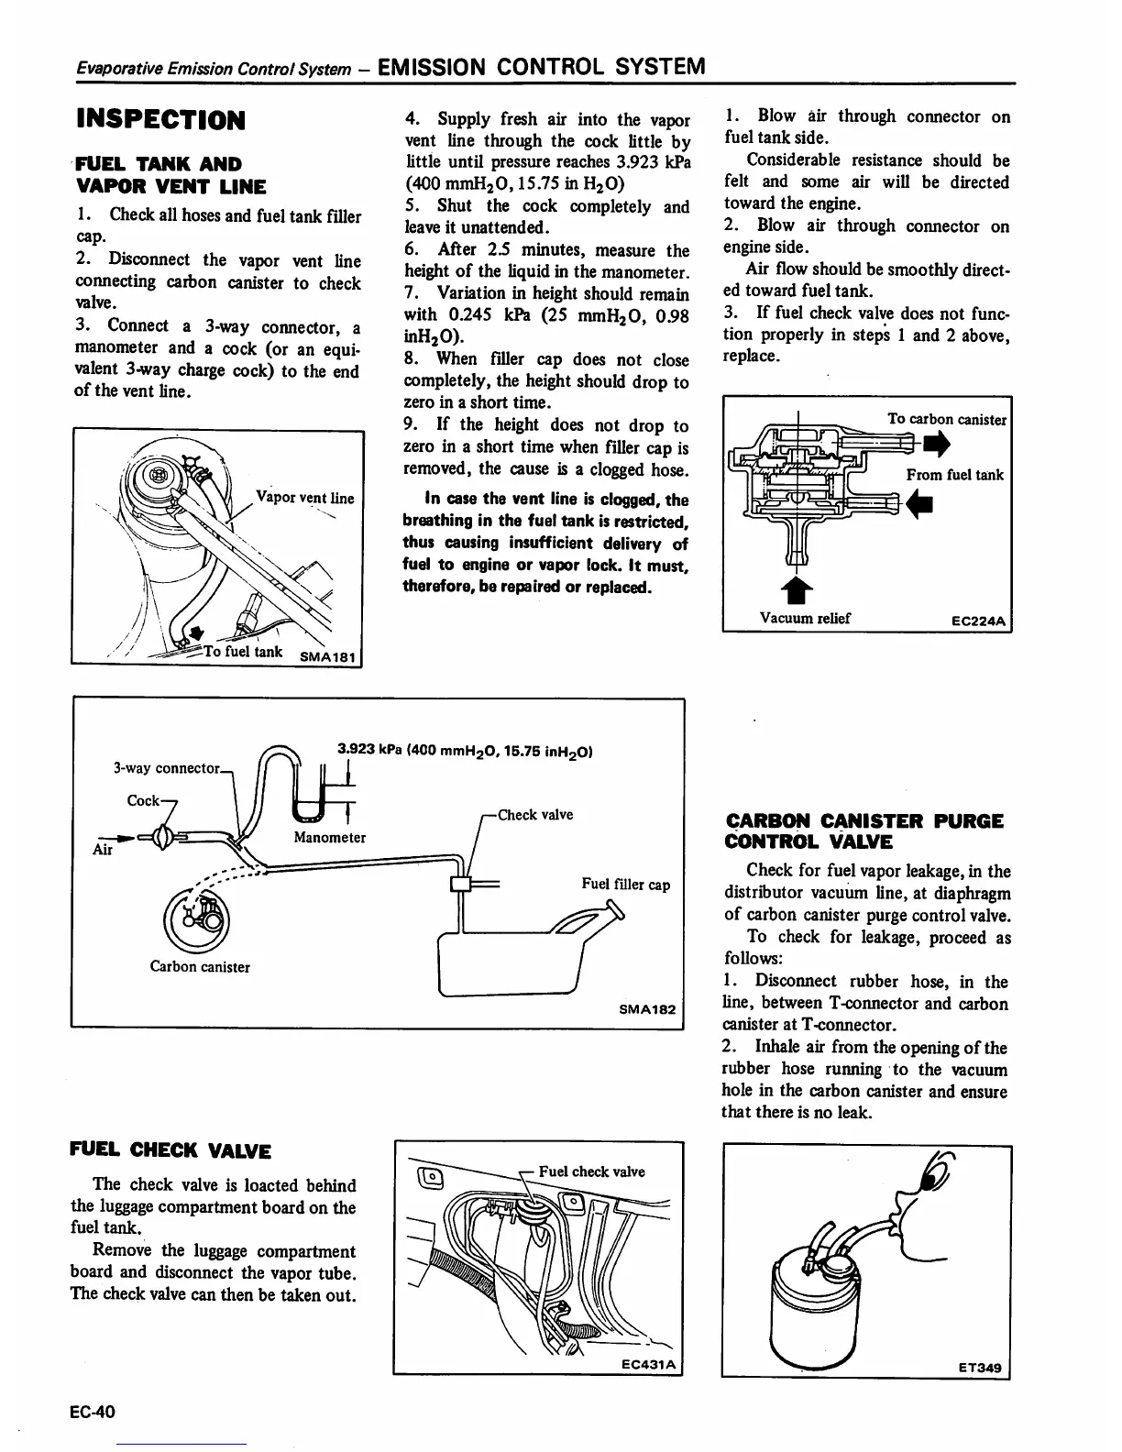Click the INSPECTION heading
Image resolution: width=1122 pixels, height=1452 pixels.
click(x=160, y=119)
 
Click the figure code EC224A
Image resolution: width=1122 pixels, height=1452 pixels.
click(x=978, y=621)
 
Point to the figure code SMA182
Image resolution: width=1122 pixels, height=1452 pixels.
click(x=647, y=1009)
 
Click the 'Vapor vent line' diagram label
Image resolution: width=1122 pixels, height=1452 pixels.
click(x=304, y=498)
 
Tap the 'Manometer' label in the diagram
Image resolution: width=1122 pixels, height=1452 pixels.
click(x=329, y=837)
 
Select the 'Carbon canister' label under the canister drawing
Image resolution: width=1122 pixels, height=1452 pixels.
click(x=200, y=966)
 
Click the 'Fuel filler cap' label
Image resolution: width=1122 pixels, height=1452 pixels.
click(x=625, y=885)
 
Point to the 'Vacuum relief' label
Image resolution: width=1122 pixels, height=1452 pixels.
click(x=805, y=618)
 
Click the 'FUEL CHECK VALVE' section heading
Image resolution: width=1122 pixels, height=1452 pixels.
click(x=170, y=1151)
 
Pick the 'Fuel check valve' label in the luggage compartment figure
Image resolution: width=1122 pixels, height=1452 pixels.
click(x=591, y=1171)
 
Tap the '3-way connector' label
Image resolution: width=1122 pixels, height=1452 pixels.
click(x=166, y=767)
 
